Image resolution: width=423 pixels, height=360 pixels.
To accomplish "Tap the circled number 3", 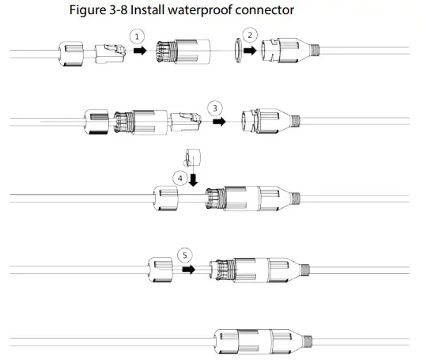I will click(x=215, y=107).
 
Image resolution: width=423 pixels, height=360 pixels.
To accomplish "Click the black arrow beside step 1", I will click(x=140, y=51).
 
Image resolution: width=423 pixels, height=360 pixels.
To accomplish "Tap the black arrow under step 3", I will click(x=217, y=122).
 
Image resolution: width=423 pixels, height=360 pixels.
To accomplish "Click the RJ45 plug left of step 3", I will click(x=187, y=122).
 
